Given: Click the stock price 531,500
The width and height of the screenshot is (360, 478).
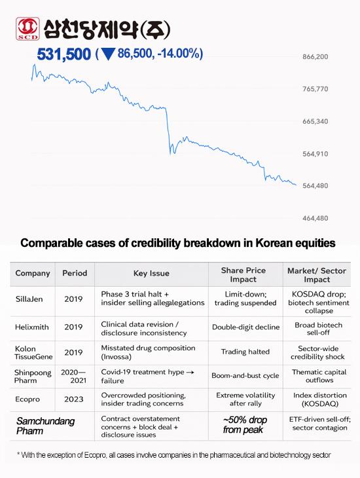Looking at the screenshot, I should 63,54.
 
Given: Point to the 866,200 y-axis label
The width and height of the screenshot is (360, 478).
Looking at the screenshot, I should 315,57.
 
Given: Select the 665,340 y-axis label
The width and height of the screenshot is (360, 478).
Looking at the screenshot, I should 315,122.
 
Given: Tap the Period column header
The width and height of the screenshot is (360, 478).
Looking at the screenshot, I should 74,273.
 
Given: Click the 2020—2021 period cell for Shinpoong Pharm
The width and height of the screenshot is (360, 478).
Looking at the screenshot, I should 73,376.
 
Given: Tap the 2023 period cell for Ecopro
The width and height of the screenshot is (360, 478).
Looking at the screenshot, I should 73,398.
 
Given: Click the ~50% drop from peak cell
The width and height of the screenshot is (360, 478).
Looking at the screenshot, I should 243,424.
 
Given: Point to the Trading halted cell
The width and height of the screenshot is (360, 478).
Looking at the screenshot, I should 243,351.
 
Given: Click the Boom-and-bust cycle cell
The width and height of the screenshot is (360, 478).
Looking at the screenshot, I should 243,376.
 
